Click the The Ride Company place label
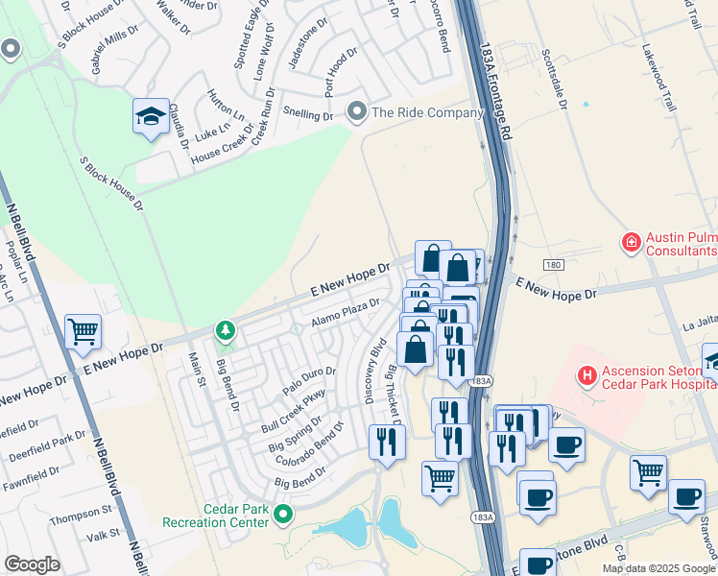click(x=426, y=113)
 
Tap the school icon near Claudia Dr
click(x=152, y=117)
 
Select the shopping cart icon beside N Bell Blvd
click(x=84, y=332)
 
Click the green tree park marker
click(x=226, y=332)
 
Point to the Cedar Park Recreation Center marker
click(x=282, y=515)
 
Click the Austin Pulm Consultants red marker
click(x=632, y=242)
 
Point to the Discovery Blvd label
click(x=375, y=370)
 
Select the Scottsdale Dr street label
click(x=563, y=78)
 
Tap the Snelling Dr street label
click(x=307, y=113)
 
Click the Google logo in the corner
click(x=33, y=564)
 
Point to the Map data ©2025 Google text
click(x=658, y=568)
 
